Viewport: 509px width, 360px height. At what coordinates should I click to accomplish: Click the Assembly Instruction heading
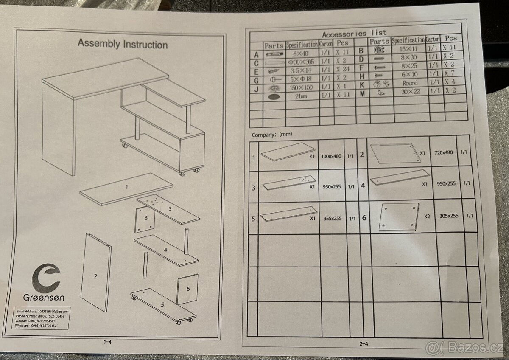[123, 44]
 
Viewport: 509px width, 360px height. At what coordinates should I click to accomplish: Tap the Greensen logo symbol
[47, 277]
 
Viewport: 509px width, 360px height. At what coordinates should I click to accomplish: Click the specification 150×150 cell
[302, 87]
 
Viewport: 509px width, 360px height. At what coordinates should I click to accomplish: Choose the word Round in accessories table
[410, 83]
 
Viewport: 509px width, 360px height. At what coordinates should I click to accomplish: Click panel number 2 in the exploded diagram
[95, 276]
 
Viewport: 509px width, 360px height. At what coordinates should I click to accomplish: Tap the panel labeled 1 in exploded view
[126, 186]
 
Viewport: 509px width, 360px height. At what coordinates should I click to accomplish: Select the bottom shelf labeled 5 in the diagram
[162, 304]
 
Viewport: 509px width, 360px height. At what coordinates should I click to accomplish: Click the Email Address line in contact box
[42, 311]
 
